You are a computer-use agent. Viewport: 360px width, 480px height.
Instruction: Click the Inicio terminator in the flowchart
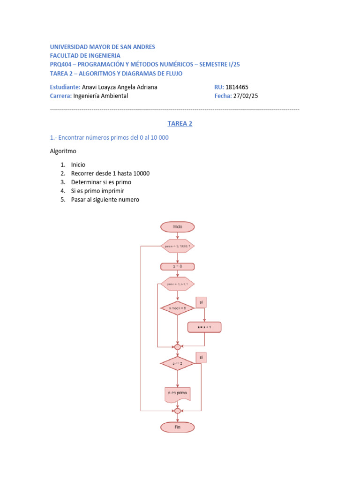point(177,227)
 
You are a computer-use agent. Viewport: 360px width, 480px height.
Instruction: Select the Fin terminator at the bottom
point(177,427)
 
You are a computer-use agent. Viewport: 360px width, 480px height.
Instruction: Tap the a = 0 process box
point(177,266)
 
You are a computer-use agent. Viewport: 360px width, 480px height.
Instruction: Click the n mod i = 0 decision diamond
point(177,308)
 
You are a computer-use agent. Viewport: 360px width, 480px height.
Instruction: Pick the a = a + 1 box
point(204,327)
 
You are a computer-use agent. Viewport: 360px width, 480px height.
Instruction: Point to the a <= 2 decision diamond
point(177,363)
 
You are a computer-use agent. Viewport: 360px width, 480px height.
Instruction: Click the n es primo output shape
point(177,394)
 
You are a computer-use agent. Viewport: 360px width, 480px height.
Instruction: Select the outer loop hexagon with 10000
point(177,246)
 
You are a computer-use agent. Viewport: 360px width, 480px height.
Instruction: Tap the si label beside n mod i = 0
point(201,302)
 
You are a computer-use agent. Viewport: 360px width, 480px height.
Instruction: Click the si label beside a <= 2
point(201,358)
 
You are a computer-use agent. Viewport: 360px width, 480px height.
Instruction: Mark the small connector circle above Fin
point(177,411)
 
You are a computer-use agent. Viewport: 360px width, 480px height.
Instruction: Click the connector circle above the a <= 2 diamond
point(177,347)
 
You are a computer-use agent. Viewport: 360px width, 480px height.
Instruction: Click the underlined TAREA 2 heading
point(180,124)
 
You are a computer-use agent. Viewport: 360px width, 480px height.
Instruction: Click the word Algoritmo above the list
point(63,151)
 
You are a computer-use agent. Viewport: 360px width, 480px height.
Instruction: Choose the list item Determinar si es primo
point(101,182)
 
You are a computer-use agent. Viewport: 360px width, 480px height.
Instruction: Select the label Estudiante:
point(65,87)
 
